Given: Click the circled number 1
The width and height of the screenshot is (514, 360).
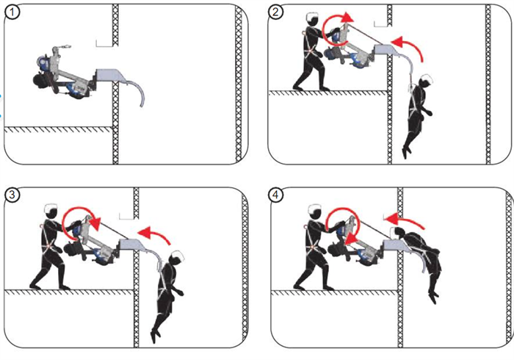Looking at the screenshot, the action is click(12, 12).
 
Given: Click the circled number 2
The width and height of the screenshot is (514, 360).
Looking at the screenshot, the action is click(275, 12).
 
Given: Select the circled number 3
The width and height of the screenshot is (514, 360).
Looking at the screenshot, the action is click(12, 195).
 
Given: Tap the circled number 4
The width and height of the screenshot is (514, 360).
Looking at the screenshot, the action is click(275, 195).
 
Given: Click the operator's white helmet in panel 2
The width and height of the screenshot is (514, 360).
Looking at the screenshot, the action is click(312, 16).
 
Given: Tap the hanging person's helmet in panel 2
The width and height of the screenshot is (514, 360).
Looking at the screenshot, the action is click(427, 79).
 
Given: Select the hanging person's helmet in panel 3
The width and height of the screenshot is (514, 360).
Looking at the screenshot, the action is click(177, 255).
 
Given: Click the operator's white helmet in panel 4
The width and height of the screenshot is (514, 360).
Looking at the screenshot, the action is click(315, 209).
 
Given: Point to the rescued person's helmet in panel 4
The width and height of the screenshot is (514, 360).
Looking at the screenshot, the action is click(393, 232).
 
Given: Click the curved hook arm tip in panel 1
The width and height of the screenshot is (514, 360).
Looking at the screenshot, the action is click(141, 106).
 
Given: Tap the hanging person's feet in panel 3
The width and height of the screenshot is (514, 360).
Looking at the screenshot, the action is click(156, 335).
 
